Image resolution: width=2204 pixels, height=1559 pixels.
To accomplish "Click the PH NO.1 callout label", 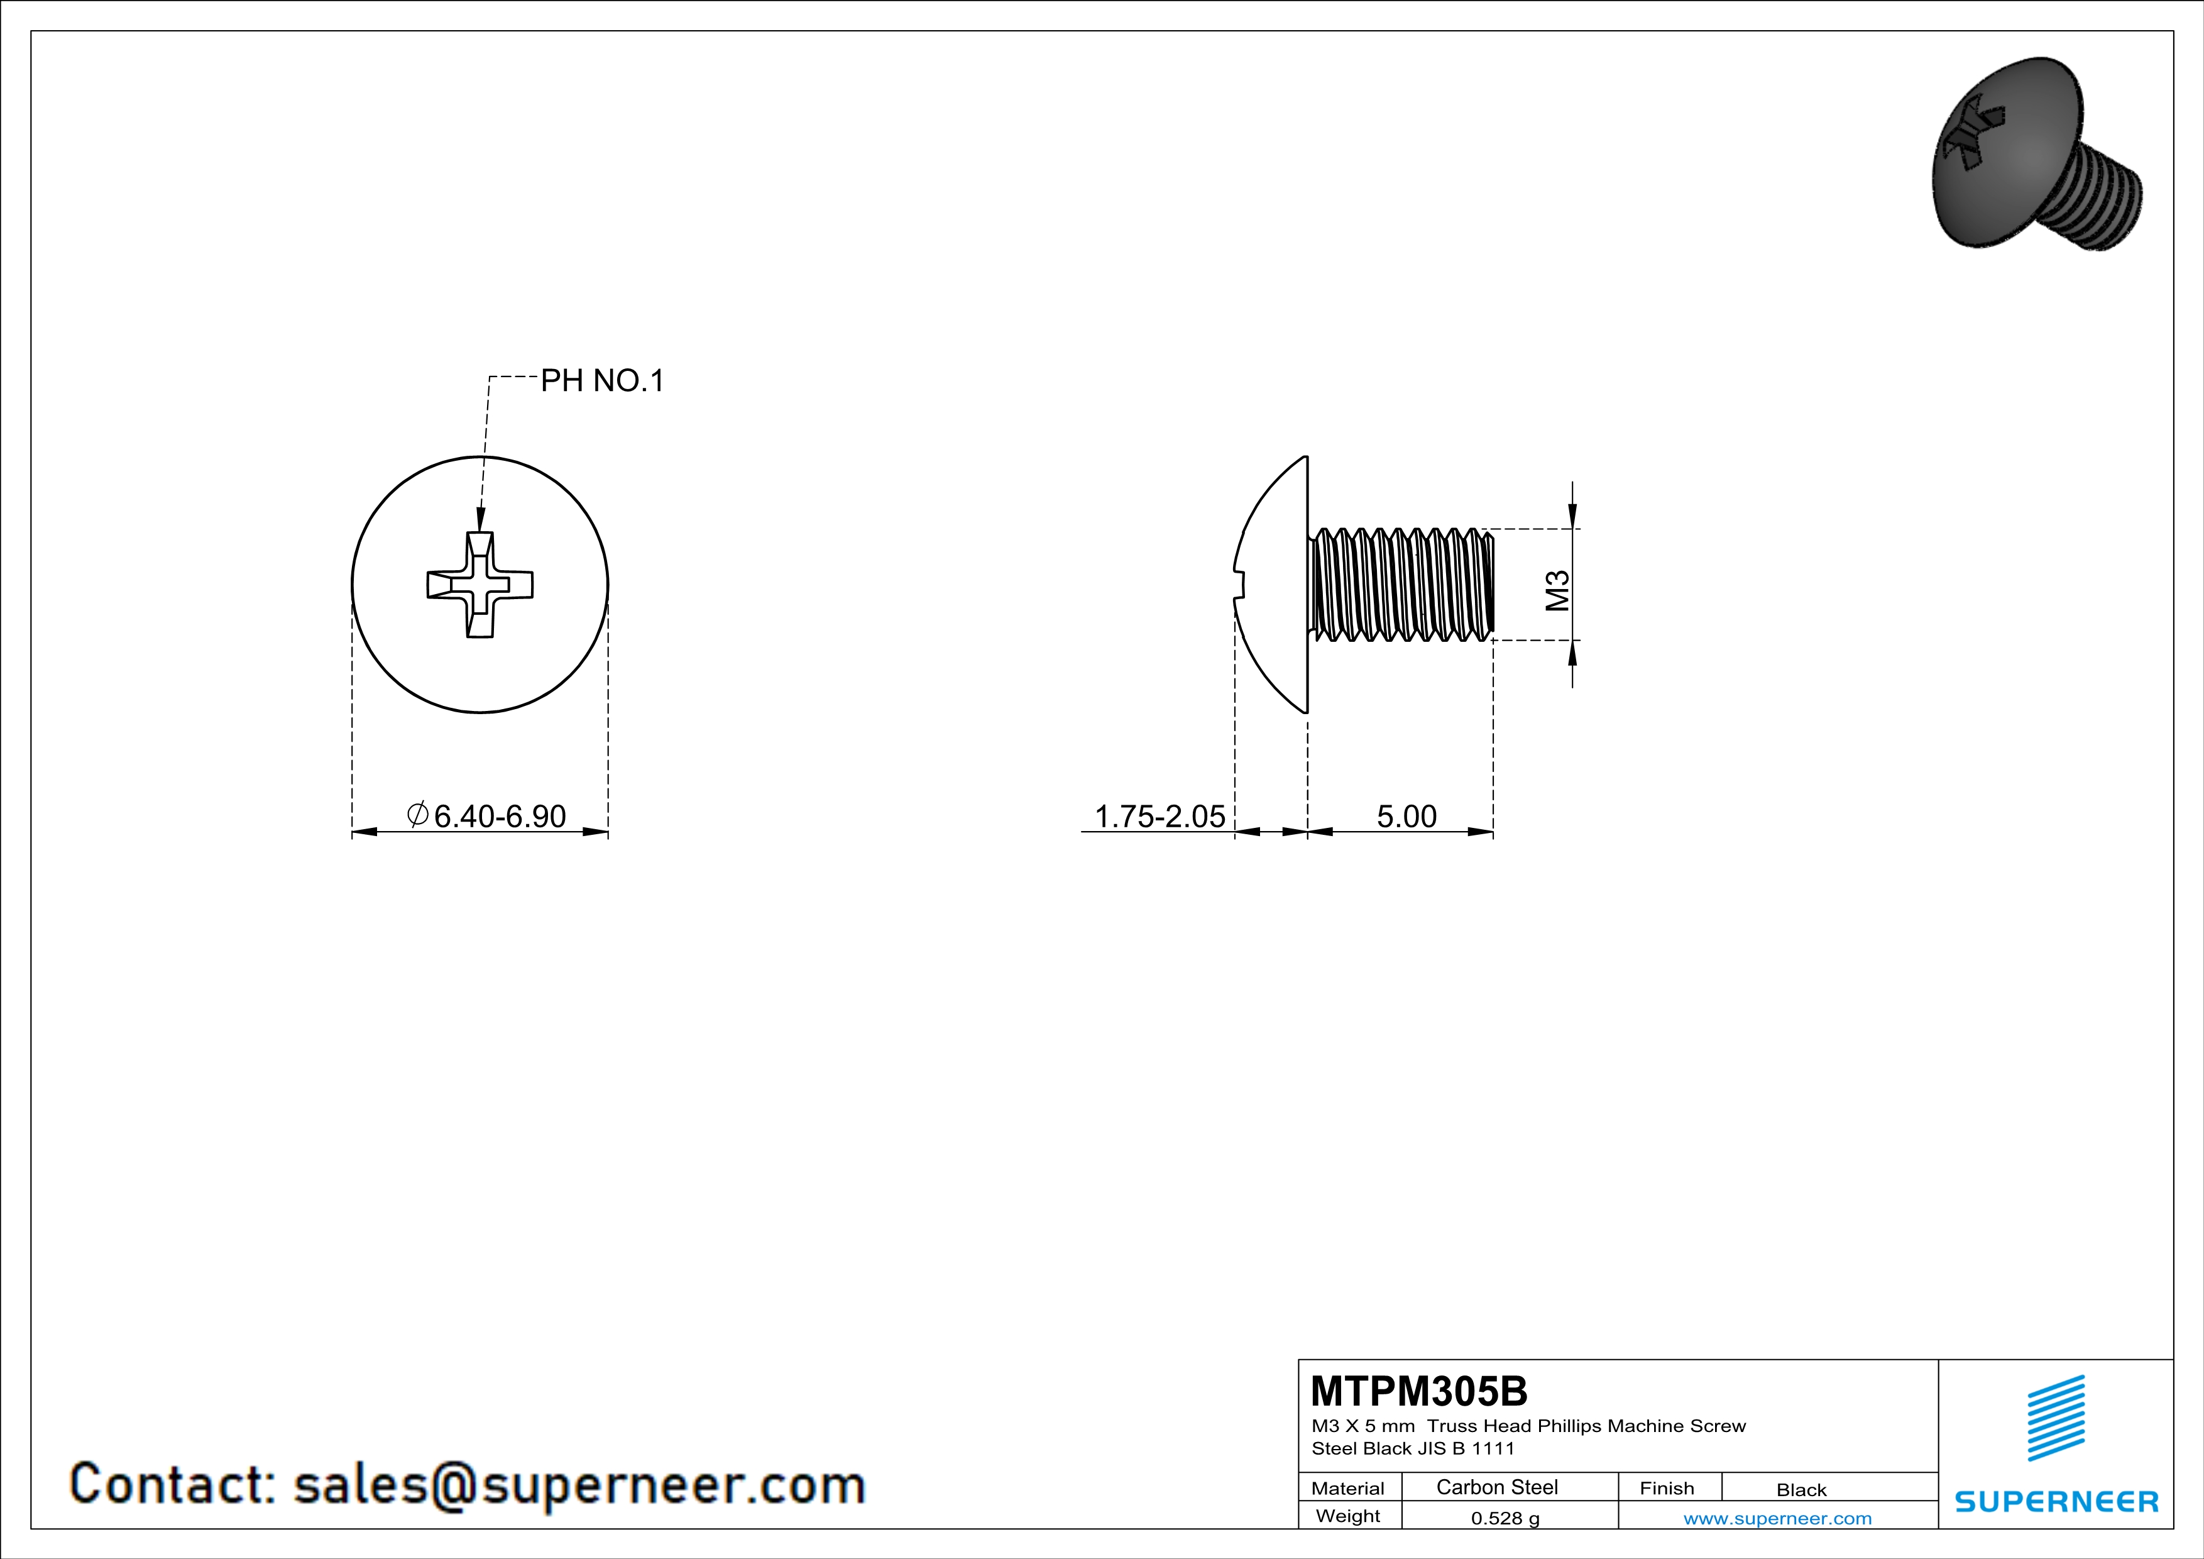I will click(602, 381).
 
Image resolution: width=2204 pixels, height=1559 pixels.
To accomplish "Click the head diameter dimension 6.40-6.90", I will click(499, 816).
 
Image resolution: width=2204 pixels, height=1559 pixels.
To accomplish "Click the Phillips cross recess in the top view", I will click(480, 585).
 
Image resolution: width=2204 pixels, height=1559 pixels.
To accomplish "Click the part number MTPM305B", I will click(1419, 1391).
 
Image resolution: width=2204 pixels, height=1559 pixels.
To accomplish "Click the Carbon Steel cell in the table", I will click(1496, 1487).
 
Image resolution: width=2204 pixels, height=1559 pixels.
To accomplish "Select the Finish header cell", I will click(1667, 1488).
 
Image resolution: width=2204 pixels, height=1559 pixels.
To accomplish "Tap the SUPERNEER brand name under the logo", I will click(2056, 1501).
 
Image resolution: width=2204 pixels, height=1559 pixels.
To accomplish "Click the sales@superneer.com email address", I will click(579, 1484).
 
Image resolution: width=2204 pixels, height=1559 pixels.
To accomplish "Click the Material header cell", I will click(1348, 1488).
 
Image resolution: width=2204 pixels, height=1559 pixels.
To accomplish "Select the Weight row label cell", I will click(1348, 1516).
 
